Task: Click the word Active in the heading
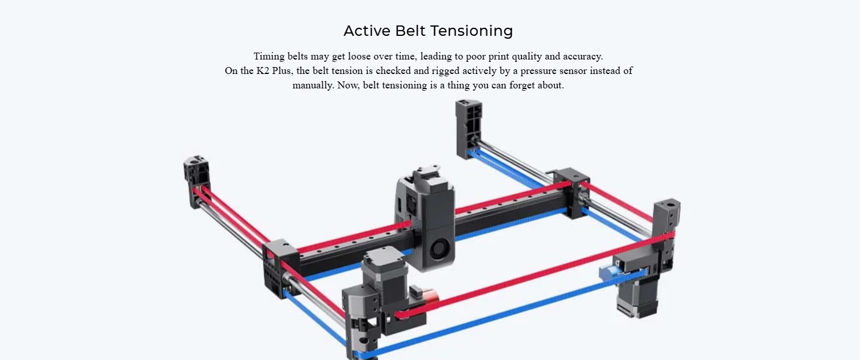tap(367, 31)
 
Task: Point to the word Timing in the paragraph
tap(269, 57)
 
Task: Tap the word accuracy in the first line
tap(583, 57)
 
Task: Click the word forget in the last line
tap(522, 86)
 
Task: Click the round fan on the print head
tap(440, 249)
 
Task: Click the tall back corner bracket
tap(468, 129)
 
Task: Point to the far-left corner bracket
tap(196, 181)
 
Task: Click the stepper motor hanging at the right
tap(638, 295)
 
